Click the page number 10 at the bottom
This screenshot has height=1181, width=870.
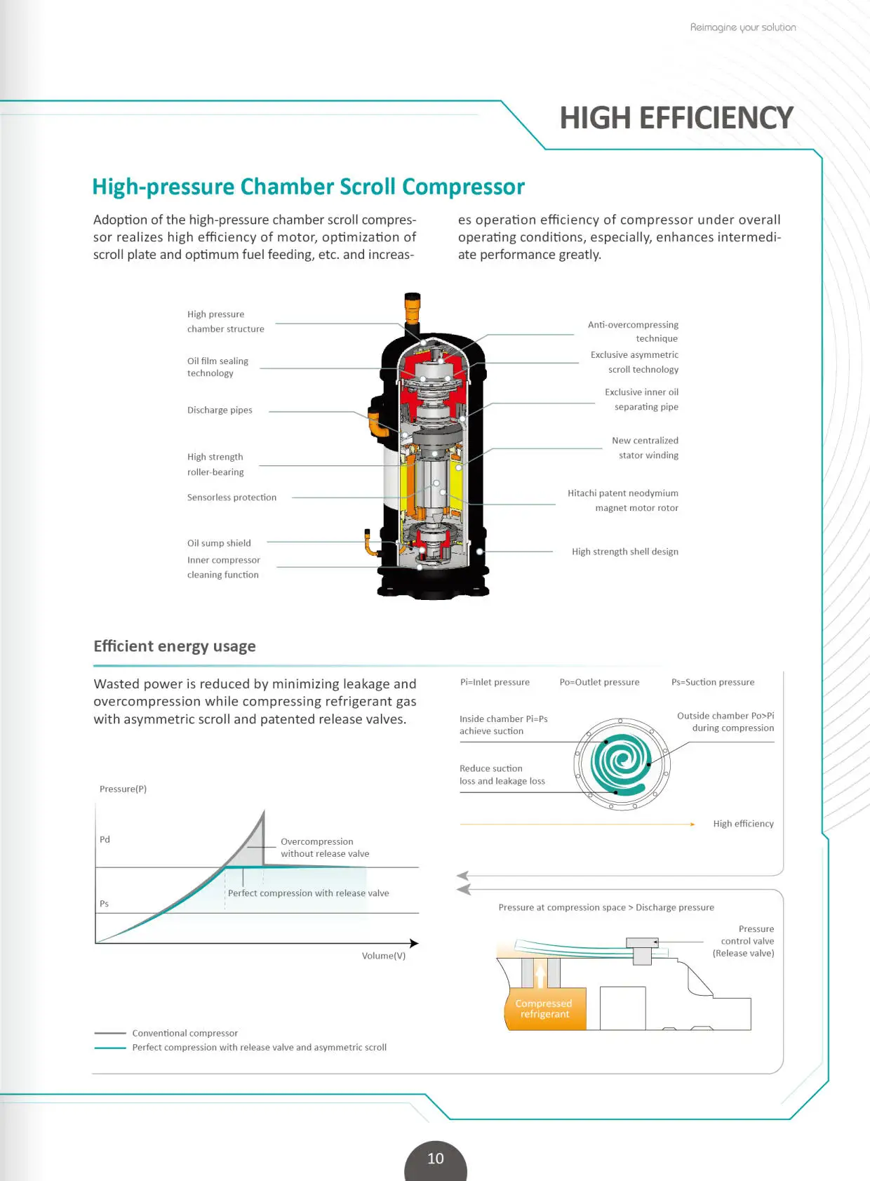435,1159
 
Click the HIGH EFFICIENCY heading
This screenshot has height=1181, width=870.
676,118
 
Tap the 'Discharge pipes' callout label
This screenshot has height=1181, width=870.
220,411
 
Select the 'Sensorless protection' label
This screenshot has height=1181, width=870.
232,498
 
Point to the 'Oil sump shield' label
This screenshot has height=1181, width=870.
219,543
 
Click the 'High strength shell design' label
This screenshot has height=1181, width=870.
624,552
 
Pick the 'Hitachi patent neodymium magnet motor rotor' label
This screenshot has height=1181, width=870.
623,500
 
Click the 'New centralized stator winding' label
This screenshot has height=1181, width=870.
645,448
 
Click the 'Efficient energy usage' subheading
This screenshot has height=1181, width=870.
175,646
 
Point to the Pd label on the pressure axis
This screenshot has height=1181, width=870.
105,839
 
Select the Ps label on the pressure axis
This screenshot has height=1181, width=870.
104,904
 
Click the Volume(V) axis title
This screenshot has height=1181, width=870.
384,956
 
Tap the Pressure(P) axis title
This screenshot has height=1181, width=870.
123,789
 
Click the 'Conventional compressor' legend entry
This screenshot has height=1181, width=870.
185,1033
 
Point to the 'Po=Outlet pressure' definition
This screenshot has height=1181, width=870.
599,682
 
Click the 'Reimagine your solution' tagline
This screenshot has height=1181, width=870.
742,27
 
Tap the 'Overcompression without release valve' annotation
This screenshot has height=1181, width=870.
324,848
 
